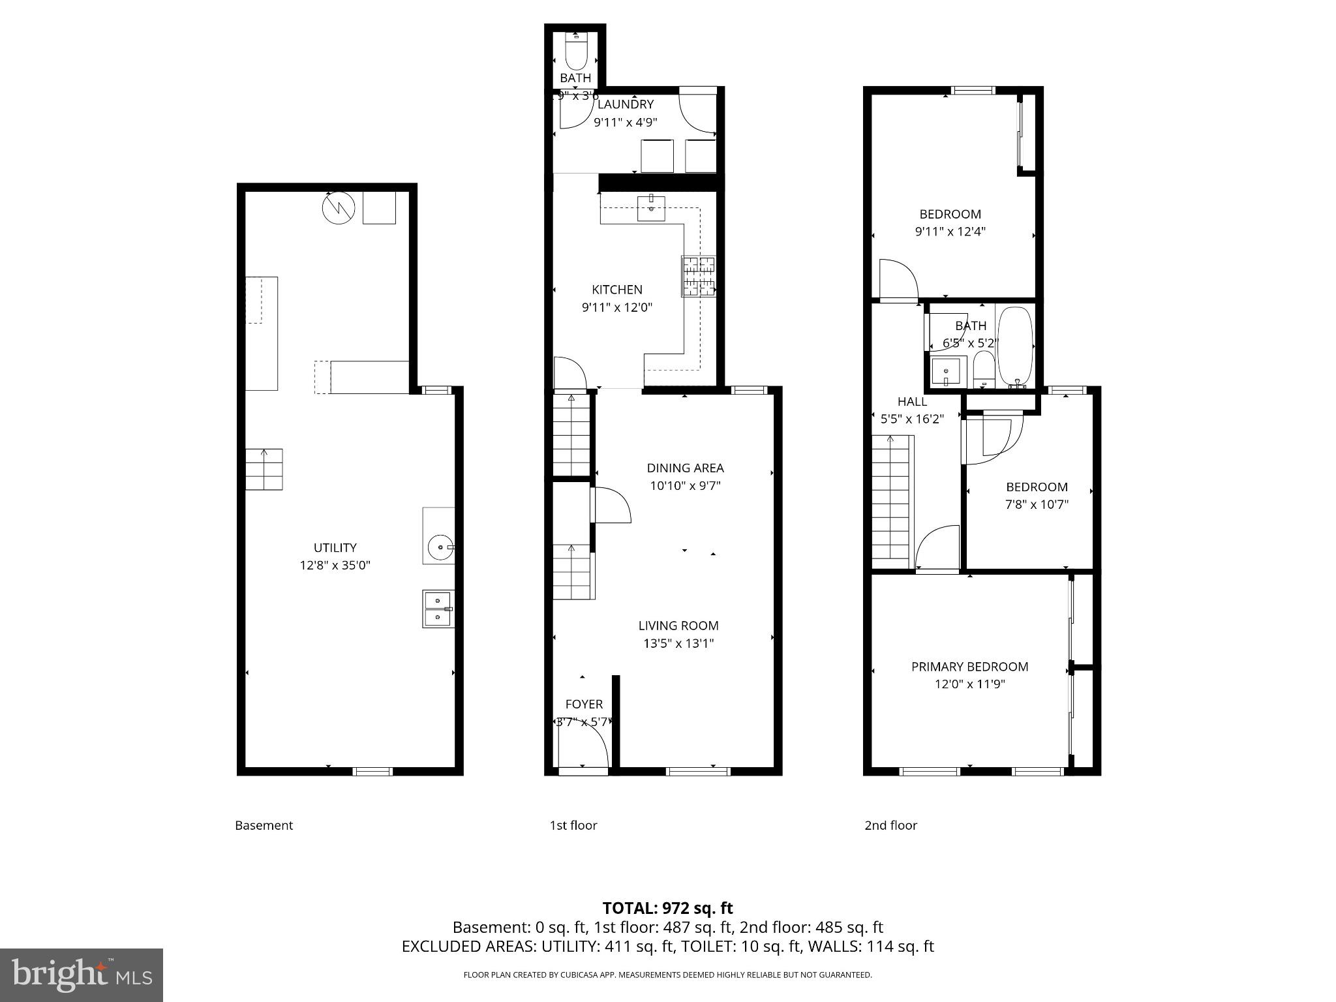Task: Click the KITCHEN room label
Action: pyautogui.click(x=616, y=290)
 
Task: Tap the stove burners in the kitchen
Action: pyautogui.click(x=698, y=276)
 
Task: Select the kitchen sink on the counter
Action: pyautogui.click(x=651, y=208)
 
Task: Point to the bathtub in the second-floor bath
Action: pyautogui.click(x=1015, y=347)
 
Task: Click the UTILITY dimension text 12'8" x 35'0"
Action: pyautogui.click(x=335, y=565)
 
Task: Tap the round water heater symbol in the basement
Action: pyautogui.click(x=338, y=207)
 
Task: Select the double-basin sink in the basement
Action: pyautogui.click(x=438, y=609)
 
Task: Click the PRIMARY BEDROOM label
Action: pyautogui.click(x=969, y=667)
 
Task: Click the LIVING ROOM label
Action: pyautogui.click(x=678, y=626)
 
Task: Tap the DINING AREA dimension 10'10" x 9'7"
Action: pyautogui.click(x=685, y=485)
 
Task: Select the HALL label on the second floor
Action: pyautogui.click(x=912, y=402)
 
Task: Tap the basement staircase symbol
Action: pyautogui.click(x=264, y=469)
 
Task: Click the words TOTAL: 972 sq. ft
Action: pyautogui.click(x=667, y=908)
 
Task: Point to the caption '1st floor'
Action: pyautogui.click(x=573, y=825)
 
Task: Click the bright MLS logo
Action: pyautogui.click(x=82, y=975)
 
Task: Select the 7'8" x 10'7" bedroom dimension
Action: pyautogui.click(x=1037, y=504)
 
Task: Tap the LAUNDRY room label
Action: pyautogui.click(x=625, y=104)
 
